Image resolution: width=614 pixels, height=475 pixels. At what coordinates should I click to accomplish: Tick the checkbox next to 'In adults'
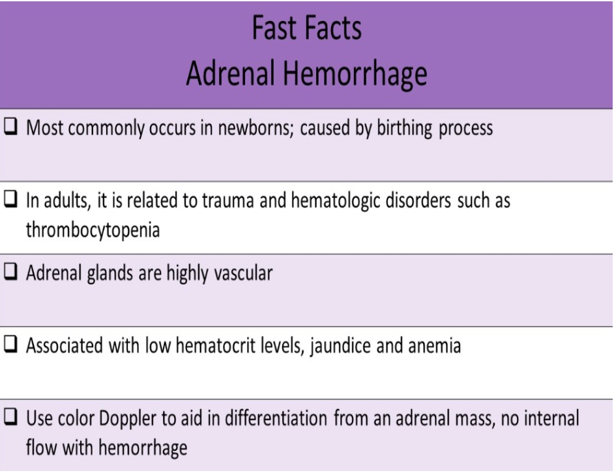[11, 200]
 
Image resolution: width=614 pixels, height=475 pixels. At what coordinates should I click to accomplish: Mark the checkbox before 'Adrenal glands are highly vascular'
[11, 273]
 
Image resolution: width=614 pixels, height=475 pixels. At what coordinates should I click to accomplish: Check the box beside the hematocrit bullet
[11, 346]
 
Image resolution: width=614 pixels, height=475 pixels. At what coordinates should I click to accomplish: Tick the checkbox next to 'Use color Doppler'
[11, 419]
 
